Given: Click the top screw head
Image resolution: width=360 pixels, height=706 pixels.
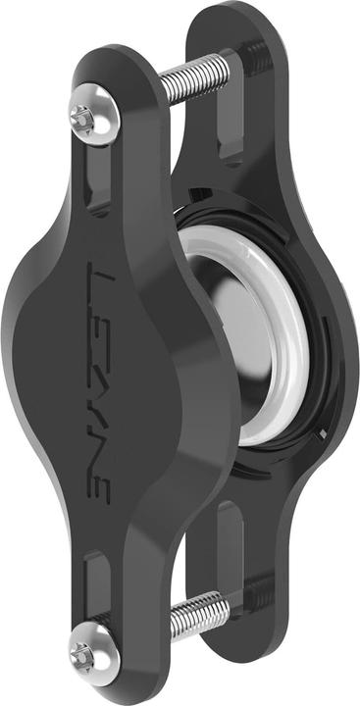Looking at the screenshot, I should pos(82,116).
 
